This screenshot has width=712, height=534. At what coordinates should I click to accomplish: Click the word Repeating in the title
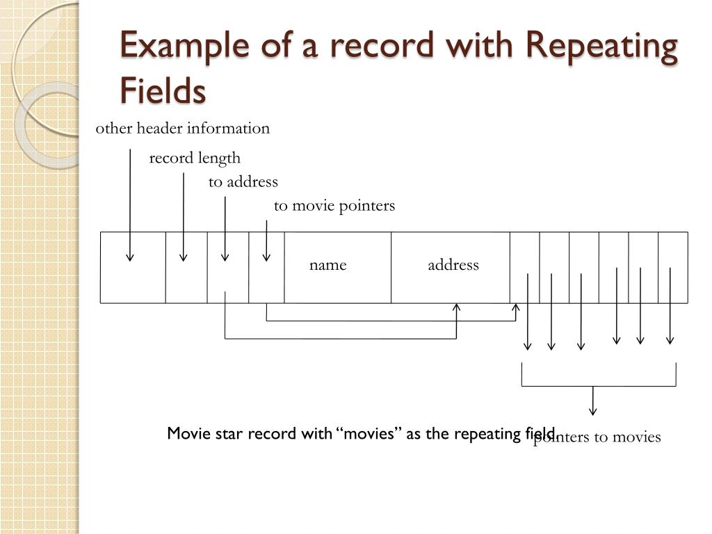(x=601, y=47)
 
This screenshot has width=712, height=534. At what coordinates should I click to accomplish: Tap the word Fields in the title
(x=163, y=90)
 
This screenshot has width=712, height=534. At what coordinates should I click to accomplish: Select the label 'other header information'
(x=182, y=129)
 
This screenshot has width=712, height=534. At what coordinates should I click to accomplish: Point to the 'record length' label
(x=195, y=158)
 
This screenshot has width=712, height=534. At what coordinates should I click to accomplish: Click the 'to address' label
(x=243, y=182)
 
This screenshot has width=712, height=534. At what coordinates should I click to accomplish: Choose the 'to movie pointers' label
(x=334, y=206)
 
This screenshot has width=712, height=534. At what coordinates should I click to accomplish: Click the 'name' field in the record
(x=328, y=265)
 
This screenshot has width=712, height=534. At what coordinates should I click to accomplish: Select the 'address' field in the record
(x=453, y=265)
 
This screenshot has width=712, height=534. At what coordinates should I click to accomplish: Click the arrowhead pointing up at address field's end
(x=457, y=307)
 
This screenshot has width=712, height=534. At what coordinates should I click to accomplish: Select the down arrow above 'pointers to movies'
(x=593, y=410)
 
